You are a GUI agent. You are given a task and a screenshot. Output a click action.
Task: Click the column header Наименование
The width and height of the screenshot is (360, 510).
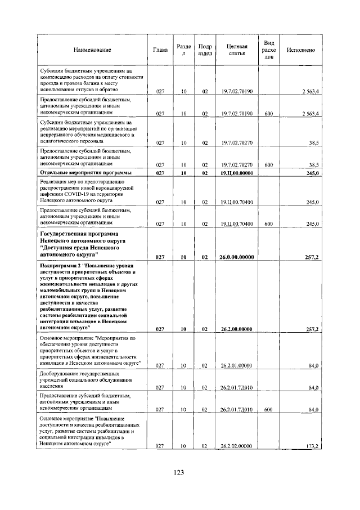point(92,51)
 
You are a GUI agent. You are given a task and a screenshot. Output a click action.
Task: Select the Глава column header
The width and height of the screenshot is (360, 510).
point(160,51)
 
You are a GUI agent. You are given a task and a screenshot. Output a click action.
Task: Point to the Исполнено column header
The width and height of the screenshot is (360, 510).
point(300,51)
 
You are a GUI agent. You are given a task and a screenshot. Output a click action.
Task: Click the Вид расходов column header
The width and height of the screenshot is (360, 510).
point(269,50)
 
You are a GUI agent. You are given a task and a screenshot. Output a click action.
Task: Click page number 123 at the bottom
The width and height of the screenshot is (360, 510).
point(179,472)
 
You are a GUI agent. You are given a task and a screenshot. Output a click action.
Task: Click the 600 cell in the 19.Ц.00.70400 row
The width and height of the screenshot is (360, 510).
point(268,224)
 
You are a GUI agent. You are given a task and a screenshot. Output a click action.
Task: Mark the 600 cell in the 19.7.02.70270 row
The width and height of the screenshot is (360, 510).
point(268,164)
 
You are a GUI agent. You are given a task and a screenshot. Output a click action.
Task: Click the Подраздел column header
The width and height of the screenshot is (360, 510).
point(205,51)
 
